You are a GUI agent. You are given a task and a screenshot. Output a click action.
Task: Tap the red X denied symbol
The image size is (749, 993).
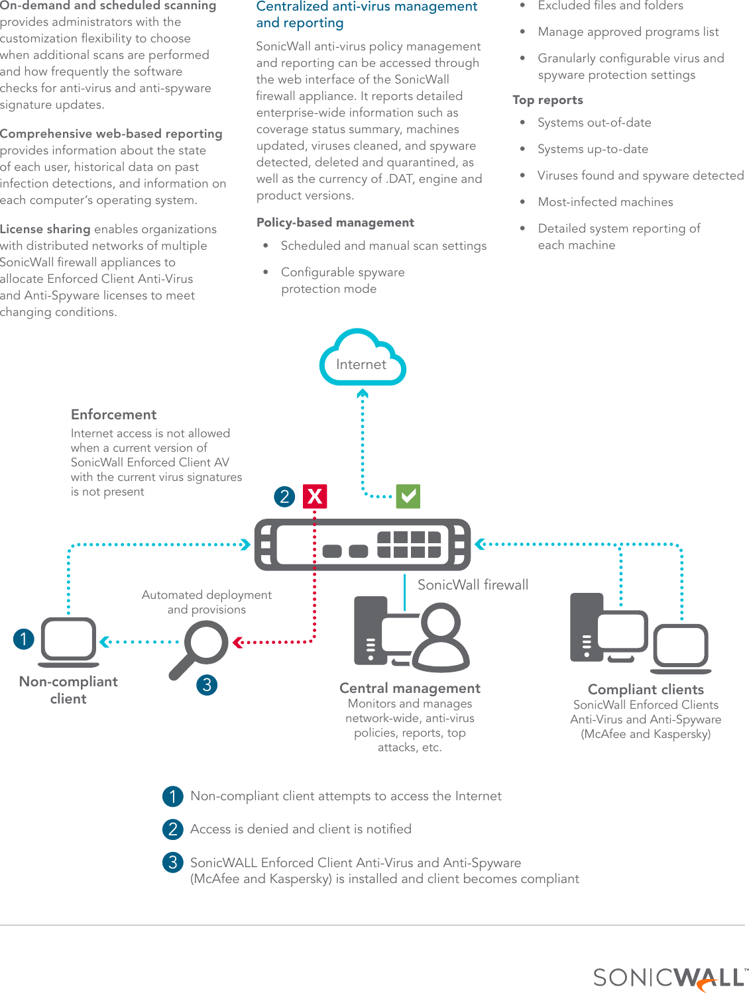tap(315, 496)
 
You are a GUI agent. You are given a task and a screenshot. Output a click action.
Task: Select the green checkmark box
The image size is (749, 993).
tap(408, 496)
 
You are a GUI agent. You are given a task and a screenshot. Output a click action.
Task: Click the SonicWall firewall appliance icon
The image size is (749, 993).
tap(363, 545)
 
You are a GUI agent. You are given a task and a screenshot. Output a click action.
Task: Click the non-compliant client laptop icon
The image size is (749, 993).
tap(69, 643)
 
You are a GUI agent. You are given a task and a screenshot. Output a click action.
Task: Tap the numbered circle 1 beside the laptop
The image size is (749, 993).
tap(24, 639)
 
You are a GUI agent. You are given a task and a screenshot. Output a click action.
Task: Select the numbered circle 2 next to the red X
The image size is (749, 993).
tap(284, 496)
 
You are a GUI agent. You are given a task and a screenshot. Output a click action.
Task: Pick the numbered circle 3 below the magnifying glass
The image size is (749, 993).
tap(207, 684)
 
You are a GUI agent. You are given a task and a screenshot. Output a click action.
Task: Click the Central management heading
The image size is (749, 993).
tap(410, 688)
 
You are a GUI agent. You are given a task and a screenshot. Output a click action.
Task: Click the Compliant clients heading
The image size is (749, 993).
tap(646, 690)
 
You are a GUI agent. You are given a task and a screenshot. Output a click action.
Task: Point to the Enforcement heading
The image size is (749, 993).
tap(113, 415)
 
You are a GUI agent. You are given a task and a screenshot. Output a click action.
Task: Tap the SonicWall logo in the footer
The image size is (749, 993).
tap(669, 978)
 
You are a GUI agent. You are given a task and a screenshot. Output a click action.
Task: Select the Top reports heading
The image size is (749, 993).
tap(547, 100)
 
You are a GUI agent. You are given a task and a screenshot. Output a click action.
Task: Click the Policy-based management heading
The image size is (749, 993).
tap(335, 223)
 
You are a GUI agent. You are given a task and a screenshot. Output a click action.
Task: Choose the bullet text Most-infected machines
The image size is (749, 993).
tap(605, 202)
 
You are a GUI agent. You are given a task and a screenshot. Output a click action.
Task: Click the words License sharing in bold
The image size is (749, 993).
tap(45, 229)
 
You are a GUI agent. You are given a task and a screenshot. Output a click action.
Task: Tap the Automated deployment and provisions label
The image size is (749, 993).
tap(206, 602)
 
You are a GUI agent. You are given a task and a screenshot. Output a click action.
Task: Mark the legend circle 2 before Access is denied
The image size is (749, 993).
tap(173, 829)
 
